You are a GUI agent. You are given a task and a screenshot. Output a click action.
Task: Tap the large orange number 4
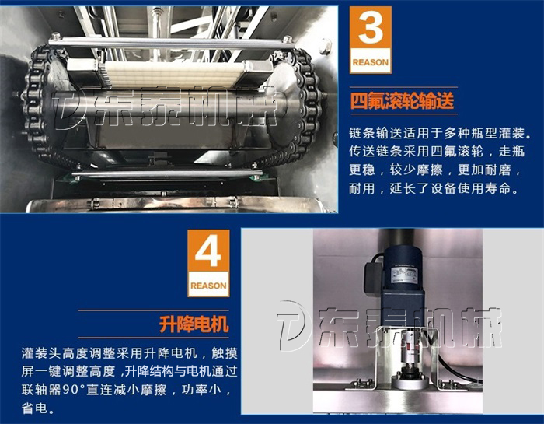pyautogui.click(x=208, y=251)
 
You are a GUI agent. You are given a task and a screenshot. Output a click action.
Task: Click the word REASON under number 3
pyautogui.click(x=371, y=62)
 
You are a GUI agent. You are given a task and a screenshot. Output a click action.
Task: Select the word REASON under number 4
pyautogui.click(x=208, y=286)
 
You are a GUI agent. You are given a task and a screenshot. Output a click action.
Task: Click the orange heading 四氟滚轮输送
pyautogui.click(x=403, y=100)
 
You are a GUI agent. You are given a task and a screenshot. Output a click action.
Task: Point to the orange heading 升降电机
pyautogui.click(x=194, y=324)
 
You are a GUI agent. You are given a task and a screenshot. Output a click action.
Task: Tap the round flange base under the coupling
pyautogui.click(x=409, y=382)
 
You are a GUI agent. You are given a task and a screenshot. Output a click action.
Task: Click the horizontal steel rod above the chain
pyautogui.click(x=170, y=43)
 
